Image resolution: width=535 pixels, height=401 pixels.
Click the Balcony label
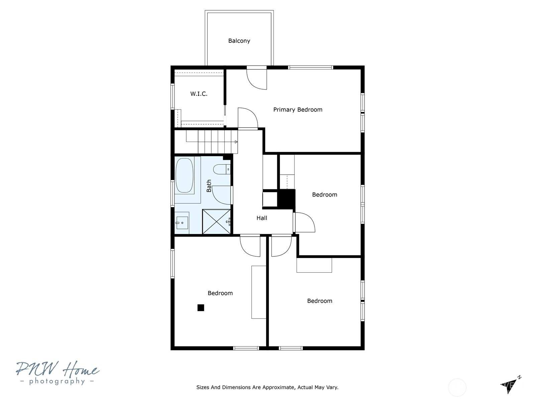tap(239, 41)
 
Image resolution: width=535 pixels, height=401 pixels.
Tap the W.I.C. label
tap(199, 94)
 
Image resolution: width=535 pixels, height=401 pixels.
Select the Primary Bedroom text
tap(298, 110)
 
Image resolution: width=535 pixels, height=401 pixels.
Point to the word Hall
tap(262, 218)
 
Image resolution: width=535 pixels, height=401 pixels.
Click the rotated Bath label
tap(209, 186)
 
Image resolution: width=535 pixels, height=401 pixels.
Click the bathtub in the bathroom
tap(185, 175)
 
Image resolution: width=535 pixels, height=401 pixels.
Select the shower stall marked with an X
tap(216, 222)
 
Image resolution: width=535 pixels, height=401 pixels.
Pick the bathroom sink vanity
tap(182, 223)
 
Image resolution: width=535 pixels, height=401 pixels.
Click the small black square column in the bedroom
tap(201, 308)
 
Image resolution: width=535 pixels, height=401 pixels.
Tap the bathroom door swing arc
tap(222, 195)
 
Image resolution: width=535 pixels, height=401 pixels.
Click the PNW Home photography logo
tap(58, 373)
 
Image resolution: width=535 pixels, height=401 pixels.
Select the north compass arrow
tap(510, 385)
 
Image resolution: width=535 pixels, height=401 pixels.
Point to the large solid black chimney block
tap(286, 199)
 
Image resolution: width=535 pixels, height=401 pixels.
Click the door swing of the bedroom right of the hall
tap(305, 222)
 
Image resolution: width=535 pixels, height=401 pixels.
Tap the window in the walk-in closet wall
tap(173, 96)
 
